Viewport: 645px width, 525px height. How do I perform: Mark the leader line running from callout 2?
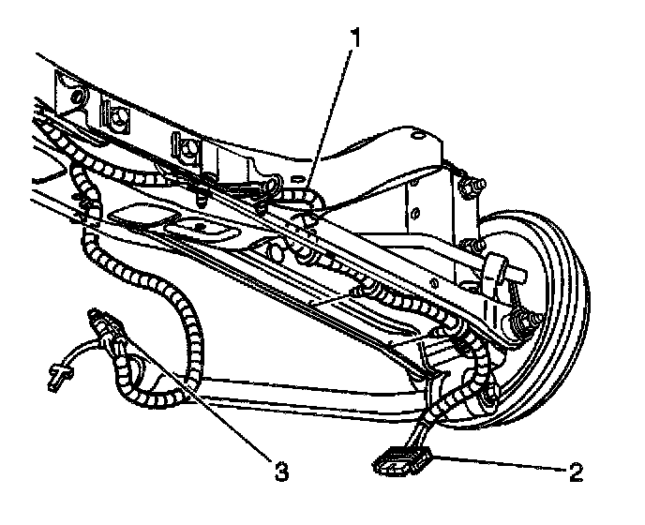pos(497,461)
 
